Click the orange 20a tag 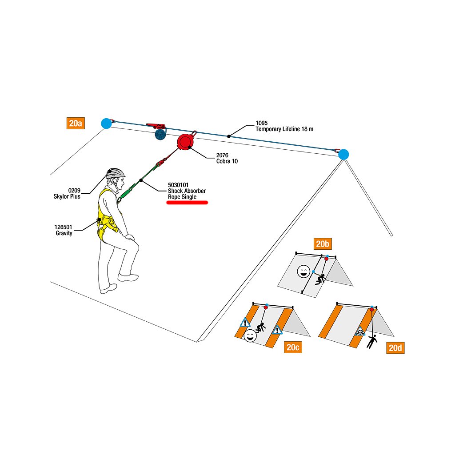point(76,123)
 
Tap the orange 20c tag point(293,347)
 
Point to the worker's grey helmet point(116,173)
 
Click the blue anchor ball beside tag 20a point(106,123)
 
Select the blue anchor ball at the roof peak point(343,155)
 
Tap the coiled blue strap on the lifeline point(159,134)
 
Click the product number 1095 point(262,123)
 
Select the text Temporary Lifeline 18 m point(284,129)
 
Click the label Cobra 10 point(227,161)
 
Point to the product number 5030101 point(178,185)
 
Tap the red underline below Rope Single point(187,203)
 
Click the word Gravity point(64,233)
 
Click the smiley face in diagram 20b point(303,271)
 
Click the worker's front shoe point(128,277)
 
